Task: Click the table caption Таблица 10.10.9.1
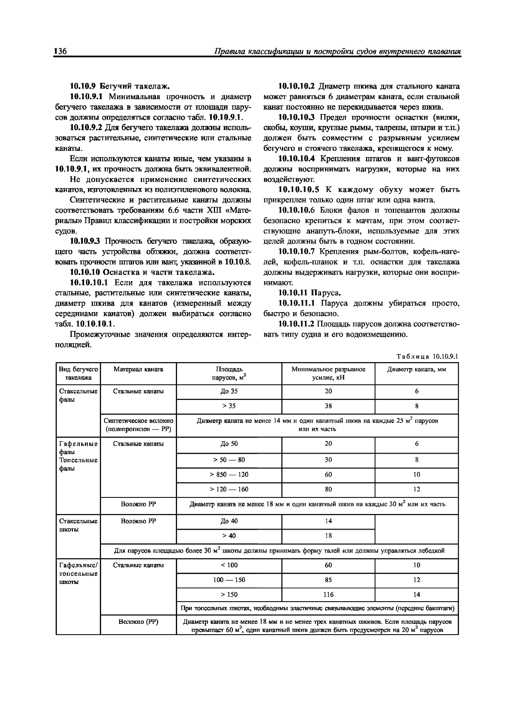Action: point(427,356)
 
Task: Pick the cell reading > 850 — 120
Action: point(229,474)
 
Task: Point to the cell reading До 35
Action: point(229,391)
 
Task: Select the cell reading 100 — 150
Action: point(229,580)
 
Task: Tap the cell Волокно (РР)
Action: point(138,622)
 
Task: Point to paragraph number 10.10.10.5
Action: point(298,190)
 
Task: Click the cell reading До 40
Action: point(229,521)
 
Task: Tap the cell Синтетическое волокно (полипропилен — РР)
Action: point(138,425)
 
